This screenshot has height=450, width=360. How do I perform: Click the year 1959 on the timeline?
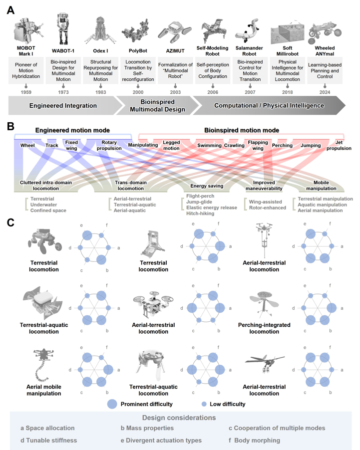(26, 92)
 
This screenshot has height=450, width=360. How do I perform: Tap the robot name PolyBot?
(138, 51)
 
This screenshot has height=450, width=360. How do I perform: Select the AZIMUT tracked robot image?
(175, 32)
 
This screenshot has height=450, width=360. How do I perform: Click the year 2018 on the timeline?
(287, 92)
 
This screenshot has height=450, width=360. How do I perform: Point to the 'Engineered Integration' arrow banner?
(63, 106)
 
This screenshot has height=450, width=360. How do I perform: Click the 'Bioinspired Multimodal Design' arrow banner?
(157, 106)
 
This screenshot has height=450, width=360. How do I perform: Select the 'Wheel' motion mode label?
(27, 146)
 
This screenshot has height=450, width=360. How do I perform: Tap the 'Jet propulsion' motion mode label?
(339, 145)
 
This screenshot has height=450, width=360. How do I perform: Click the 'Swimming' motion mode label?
(209, 146)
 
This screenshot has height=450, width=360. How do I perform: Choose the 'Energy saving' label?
(207, 186)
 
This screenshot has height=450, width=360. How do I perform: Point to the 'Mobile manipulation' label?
(321, 186)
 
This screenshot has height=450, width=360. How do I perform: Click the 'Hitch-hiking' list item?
(200, 214)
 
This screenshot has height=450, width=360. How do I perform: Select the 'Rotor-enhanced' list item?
(268, 208)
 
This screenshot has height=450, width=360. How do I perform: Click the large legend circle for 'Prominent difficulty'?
(112, 404)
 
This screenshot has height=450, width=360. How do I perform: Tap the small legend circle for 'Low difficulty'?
(204, 404)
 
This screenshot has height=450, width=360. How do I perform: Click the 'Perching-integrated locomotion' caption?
(264, 328)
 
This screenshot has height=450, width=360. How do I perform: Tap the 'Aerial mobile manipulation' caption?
(44, 390)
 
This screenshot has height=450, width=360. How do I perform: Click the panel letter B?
(10, 126)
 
